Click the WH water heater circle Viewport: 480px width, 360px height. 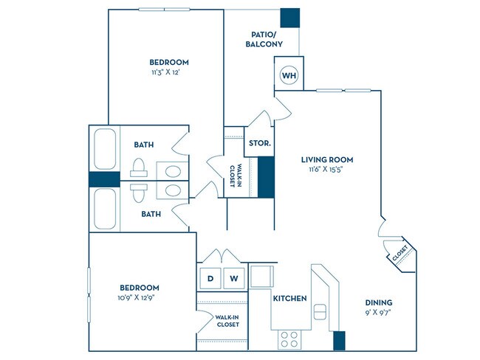[x=287, y=75]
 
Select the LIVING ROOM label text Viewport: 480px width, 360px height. [x=326, y=159]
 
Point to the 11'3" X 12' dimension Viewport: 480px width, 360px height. [x=168, y=73]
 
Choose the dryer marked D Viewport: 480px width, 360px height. [x=210, y=278]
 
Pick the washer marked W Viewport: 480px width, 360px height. [x=233, y=278]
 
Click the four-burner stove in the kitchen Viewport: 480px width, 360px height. [x=289, y=339]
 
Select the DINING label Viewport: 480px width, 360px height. [x=378, y=302]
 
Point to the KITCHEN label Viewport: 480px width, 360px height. [x=289, y=299]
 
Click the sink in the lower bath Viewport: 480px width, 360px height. [x=172, y=190]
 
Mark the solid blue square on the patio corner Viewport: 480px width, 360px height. [x=290, y=18]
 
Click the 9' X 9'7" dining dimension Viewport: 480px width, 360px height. [x=378, y=314]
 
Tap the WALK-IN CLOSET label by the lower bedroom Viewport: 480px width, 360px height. [x=227, y=320]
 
